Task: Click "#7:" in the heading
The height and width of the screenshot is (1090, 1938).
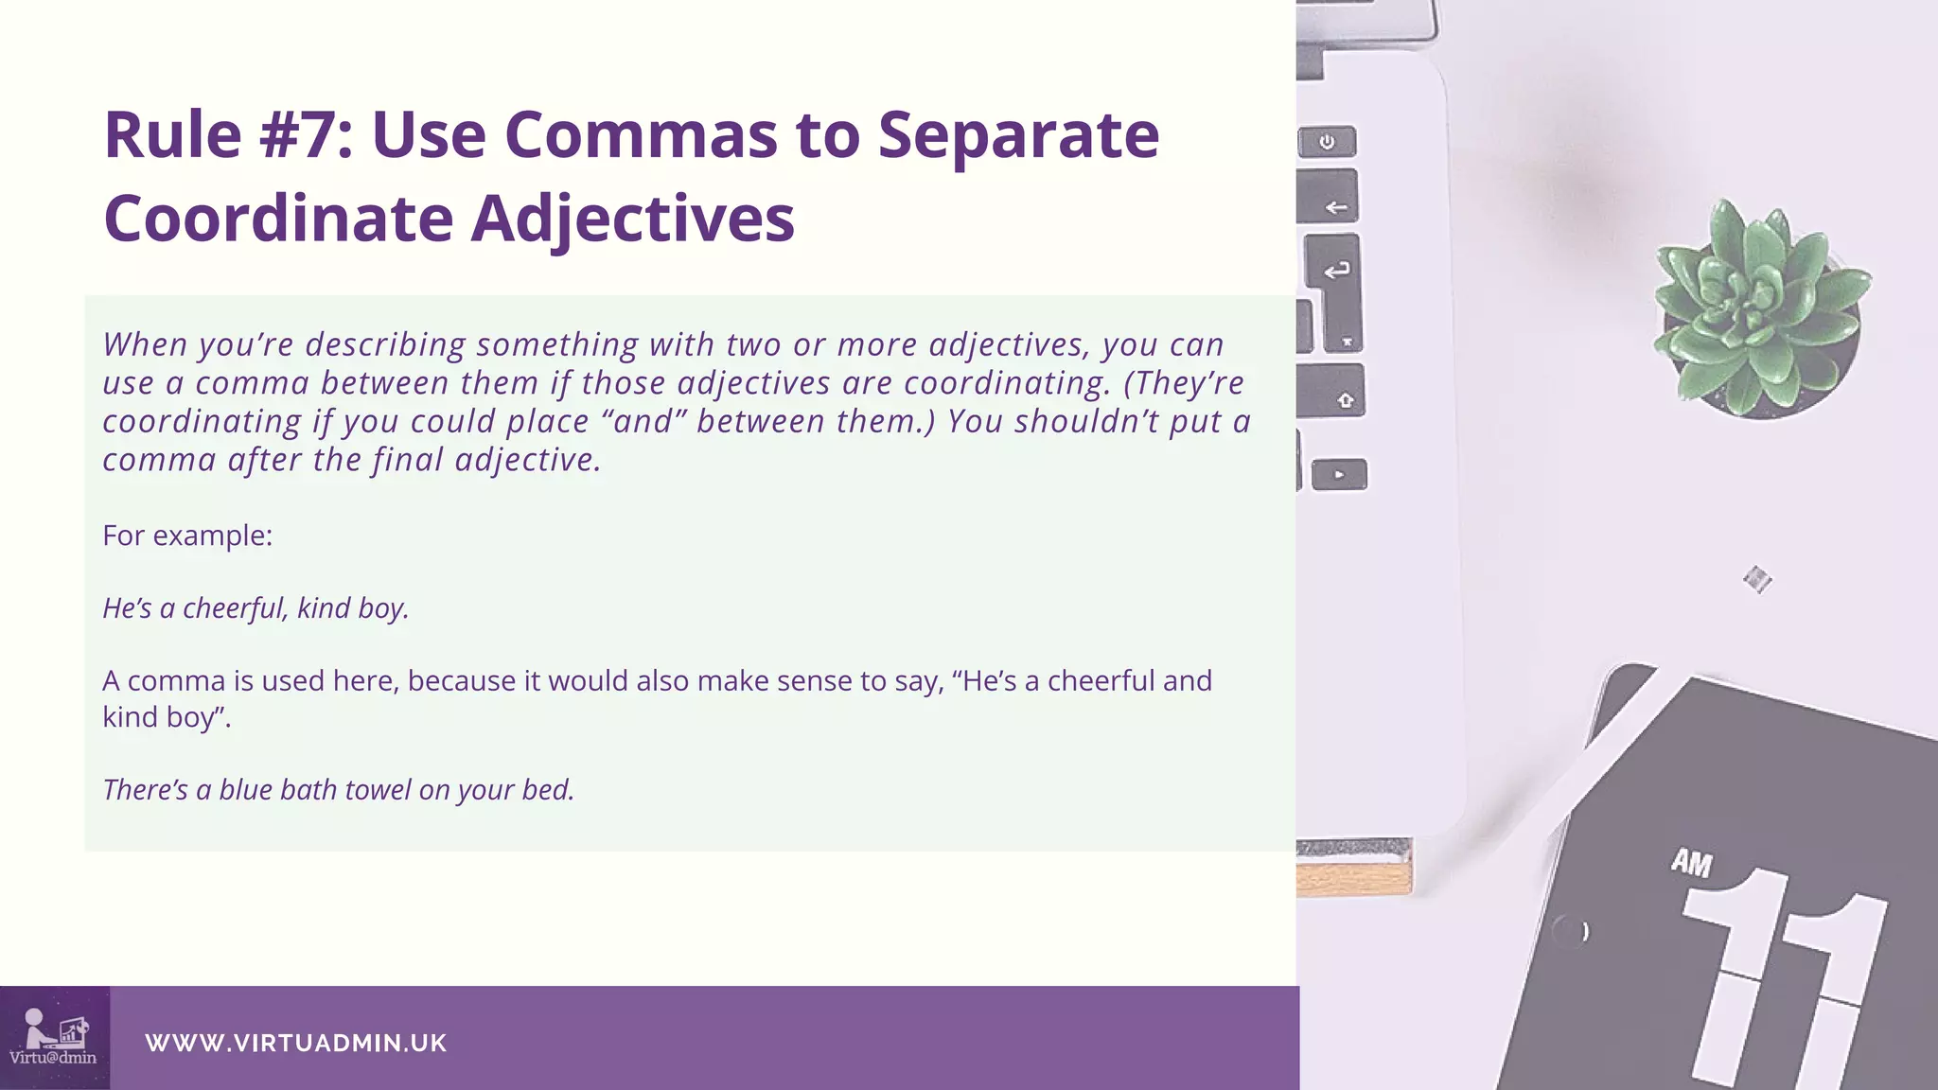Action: pyautogui.click(x=306, y=135)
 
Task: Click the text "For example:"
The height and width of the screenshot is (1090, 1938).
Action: pyautogui.click(x=187, y=536)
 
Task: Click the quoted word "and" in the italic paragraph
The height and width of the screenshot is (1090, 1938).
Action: pyautogui.click(x=643, y=421)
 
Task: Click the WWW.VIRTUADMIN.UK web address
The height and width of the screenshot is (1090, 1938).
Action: pyautogui.click(x=295, y=1043)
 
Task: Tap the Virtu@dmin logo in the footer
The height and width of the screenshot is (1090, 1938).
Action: pyautogui.click(x=54, y=1038)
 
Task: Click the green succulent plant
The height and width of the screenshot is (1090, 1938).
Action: pyautogui.click(x=1758, y=303)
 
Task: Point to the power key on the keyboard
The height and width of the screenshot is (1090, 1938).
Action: pyautogui.click(x=1327, y=142)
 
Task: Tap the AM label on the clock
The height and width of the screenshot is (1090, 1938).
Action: pyautogui.click(x=1691, y=863)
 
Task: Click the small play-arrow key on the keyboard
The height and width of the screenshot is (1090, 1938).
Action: pyautogui.click(x=1339, y=474)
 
